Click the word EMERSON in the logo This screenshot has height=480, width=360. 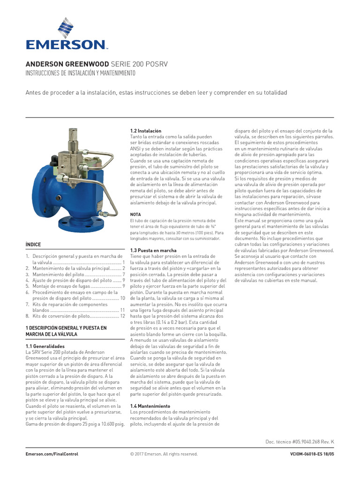[66, 45]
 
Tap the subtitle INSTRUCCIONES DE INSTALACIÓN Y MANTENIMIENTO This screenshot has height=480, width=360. [80, 74]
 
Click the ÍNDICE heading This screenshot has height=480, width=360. [33, 245]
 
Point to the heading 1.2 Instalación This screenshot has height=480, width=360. [145, 131]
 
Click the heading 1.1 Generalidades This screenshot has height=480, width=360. [45, 346]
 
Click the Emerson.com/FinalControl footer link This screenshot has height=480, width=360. [52, 454]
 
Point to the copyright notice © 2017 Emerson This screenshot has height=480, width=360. [164, 454]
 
